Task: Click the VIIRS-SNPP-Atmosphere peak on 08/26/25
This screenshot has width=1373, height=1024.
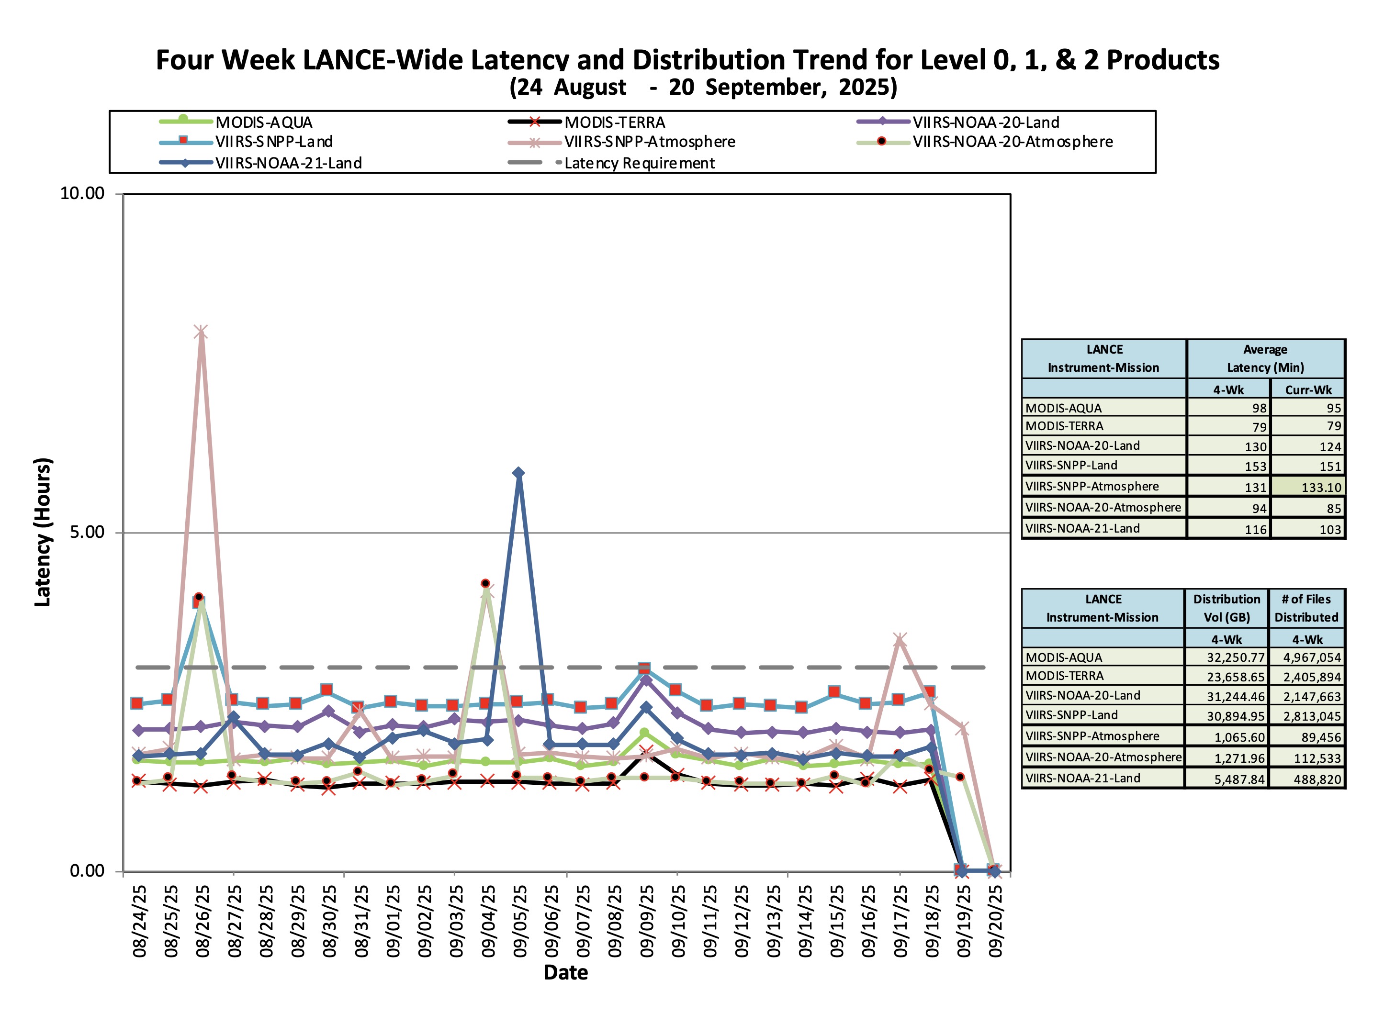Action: (x=200, y=332)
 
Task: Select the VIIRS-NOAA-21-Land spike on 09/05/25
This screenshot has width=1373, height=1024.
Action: (x=518, y=473)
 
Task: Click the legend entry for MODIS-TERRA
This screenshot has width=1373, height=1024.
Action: (x=614, y=122)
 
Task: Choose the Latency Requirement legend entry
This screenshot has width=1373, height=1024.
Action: (x=639, y=163)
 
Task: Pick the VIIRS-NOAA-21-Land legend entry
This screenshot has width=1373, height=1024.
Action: (x=288, y=163)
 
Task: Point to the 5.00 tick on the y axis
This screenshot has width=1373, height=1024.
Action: (x=87, y=532)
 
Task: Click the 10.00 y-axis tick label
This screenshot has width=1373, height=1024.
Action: (x=82, y=193)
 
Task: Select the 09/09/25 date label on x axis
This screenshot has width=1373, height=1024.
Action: (x=647, y=921)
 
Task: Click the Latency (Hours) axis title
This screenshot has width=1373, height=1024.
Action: (x=43, y=532)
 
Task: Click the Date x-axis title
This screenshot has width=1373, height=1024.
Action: (x=565, y=972)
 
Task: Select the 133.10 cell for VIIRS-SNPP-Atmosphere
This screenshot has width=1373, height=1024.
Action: (x=1321, y=487)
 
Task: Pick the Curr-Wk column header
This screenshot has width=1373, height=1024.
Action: (x=1308, y=390)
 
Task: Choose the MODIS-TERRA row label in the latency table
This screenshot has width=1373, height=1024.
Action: (x=1064, y=426)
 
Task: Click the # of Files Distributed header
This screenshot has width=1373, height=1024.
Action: (x=1306, y=608)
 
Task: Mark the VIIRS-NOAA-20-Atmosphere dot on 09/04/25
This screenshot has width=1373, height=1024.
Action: (x=485, y=584)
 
